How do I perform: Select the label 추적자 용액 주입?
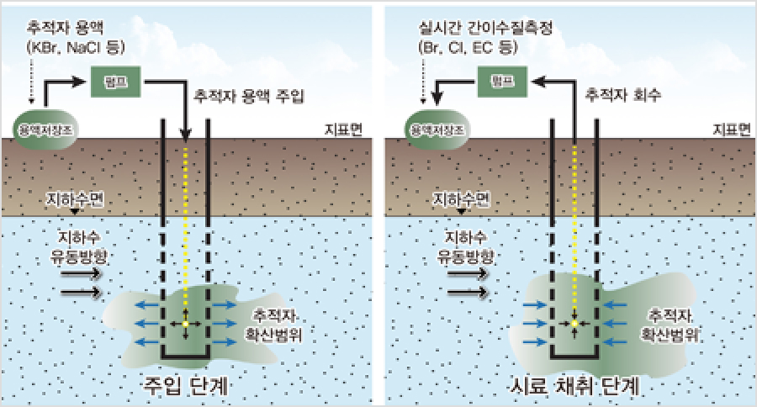(248, 96)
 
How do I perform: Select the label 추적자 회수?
(627, 96)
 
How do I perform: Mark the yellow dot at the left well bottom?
(186, 323)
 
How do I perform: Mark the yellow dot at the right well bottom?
(574, 323)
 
